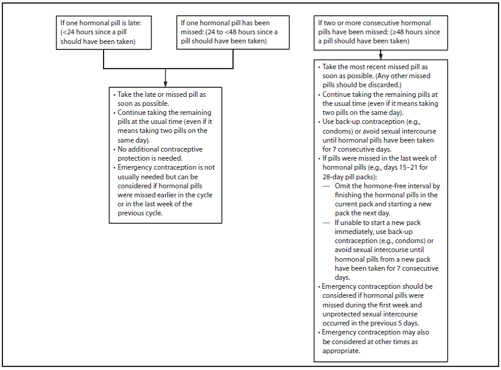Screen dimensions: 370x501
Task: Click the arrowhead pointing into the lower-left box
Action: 166,82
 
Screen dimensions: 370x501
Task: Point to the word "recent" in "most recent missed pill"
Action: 376,67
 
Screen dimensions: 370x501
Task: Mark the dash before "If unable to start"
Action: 325,223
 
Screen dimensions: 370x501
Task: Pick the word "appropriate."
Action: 341,351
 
